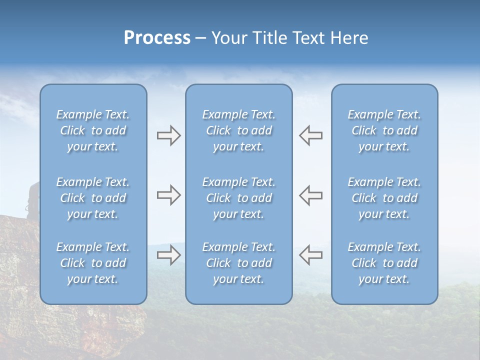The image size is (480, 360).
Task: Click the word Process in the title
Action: (x=157, y=38)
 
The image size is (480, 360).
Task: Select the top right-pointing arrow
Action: (x=168, y=135)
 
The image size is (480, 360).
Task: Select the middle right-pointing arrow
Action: (x=168, y=195)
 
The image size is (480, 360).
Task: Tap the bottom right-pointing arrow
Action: (x=168, y=255)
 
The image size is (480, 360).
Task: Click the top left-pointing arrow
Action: (x=310, y=135)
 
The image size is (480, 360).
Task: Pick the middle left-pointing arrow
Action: (x=310, y=195)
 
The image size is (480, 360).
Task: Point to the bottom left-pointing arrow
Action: (x=310, y=254)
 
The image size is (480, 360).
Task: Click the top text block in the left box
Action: (x=93, y=130)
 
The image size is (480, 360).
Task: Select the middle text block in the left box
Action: (x=93, y=198)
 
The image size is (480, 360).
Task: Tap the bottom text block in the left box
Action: (x=93, y=263)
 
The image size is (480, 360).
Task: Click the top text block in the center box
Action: (x=238, y=130)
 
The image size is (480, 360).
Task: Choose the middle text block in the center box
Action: (x=238, y=198)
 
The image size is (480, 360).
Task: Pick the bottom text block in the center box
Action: (x=238, y=263)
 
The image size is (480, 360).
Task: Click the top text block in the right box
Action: (x=384, y=130)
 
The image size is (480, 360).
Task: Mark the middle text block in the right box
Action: (x=384, y=198)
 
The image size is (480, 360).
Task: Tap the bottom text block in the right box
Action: (x=384, y=263)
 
